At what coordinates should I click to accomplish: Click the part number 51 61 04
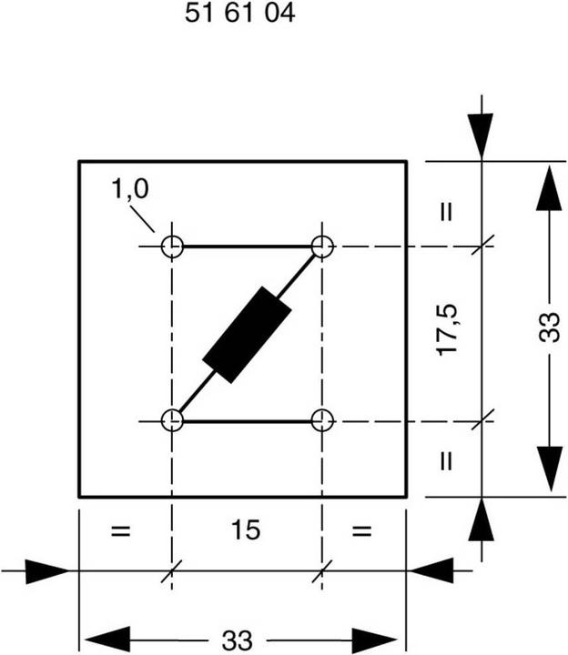(x=240, y=15)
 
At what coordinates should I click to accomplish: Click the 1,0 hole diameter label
(x=130, y=189)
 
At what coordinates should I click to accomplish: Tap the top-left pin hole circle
(x=172, y=247)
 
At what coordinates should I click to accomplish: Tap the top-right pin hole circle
(x=322, y=247)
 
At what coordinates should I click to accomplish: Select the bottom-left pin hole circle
(x=172, y=421)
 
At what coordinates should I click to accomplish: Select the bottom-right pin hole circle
(x=322, y=421)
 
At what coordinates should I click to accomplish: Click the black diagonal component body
(x=247, y=334)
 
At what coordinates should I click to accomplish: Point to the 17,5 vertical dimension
(x=446, y=330)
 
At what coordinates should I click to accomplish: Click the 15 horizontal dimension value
(x=246, y=530)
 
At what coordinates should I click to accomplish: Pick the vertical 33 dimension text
(x=549, y=329)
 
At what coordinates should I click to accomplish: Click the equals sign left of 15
(x=119, y=531)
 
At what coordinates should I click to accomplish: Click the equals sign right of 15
(x=361, y=531)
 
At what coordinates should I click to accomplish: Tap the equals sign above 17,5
(x=446, y=213)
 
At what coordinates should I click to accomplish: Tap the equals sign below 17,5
(x=446, y=460)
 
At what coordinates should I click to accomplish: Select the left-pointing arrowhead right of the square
(x=432, y=571)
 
